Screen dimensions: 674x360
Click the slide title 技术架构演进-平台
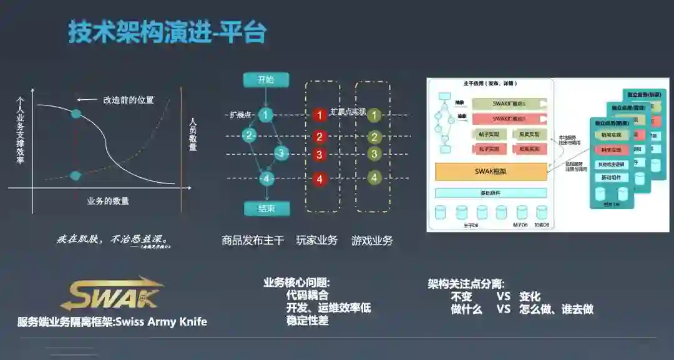coord(167,32)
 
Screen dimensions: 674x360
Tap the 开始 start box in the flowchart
coord(266,79)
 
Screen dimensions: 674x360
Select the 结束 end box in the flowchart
coord(266,208)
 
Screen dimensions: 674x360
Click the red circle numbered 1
coord(320,115)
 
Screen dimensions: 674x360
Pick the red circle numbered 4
coord(320,179)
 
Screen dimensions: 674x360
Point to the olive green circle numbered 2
coord(374,137)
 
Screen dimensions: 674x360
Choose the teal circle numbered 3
coord(281,153)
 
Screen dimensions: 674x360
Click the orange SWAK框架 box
coord(491,171)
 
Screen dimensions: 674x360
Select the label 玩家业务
coord(316,240)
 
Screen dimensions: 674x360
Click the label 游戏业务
coord(372,240)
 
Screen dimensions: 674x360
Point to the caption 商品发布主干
coord(253,240)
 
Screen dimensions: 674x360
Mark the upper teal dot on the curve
coord(76,114)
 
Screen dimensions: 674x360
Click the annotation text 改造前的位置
coord(129,100)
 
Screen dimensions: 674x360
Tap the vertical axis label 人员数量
coord(193,134)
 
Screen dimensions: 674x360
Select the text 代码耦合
coord(307,296)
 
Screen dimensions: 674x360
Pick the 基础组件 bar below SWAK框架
coord(491,193)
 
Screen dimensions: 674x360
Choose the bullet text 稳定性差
coord(307,321)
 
